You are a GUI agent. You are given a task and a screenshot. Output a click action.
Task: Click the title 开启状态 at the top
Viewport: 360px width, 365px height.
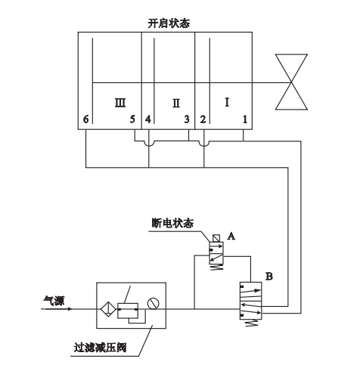169,23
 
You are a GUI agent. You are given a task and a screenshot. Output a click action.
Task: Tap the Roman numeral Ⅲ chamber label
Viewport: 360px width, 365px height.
120,103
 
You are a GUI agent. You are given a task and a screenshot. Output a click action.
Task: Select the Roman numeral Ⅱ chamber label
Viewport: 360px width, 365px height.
176,104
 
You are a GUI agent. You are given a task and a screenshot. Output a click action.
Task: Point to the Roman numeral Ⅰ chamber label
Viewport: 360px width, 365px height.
227,102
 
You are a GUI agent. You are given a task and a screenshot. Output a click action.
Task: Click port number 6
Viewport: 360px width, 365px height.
86,119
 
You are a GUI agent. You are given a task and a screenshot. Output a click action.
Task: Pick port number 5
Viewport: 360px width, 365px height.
132,119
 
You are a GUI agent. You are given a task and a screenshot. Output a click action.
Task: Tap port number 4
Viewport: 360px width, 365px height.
148,119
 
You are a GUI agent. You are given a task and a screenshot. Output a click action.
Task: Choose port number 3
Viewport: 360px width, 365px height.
187,119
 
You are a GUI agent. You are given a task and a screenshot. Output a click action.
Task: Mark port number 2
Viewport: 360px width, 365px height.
203,119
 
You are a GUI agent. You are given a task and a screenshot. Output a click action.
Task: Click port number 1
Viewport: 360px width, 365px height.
245,119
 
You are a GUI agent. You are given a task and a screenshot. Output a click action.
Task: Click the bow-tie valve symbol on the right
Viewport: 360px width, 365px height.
291,82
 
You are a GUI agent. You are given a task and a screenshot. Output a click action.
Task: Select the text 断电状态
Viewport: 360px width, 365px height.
172,223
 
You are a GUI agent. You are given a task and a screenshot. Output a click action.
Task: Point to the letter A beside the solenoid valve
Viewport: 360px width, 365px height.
231,237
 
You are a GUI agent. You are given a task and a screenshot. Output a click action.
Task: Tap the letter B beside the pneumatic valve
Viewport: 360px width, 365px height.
269,277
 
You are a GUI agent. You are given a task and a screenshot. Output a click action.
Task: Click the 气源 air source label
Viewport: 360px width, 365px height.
54,301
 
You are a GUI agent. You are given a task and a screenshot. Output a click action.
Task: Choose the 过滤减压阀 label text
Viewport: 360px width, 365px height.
100,348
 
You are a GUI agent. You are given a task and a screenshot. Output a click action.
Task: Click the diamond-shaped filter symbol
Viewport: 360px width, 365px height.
108,309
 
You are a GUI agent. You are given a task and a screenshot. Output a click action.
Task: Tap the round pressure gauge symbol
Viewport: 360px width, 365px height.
154,303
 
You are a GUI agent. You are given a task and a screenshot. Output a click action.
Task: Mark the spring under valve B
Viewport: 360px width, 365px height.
252,323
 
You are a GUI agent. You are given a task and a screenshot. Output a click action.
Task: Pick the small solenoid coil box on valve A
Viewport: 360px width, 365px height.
216,238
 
